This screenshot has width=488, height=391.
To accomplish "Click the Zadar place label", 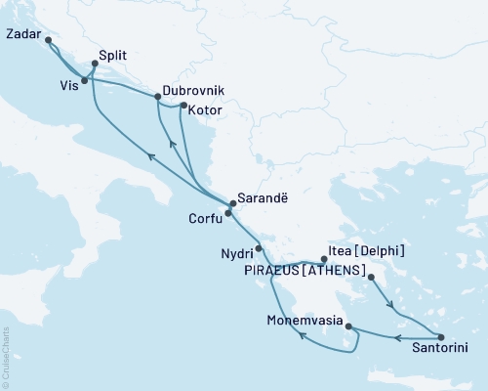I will pyautogui.click(x=21, y=32).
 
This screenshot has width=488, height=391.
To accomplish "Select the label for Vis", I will pyautogui.click(x=66, y=86).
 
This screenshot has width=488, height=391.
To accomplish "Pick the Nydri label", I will pyautogui.click(x=234, y=253).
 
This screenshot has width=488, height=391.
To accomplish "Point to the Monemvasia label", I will pyautogui.click(x=305, y=320).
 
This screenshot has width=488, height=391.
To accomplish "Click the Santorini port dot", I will pyautogui.click(x=440, y=336).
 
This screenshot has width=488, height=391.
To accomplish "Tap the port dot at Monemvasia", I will pyautogui.click(x=348, y=327).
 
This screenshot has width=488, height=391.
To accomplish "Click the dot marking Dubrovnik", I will pyautogui.click(x=158, y=97).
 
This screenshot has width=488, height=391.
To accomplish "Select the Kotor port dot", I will pyautogui.click(x=183, y=105).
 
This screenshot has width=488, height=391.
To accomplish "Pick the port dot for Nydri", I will pyautogui.click(x=259, y=248).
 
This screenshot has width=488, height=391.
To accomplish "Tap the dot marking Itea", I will pyautogui.click(x=324, y=259).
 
